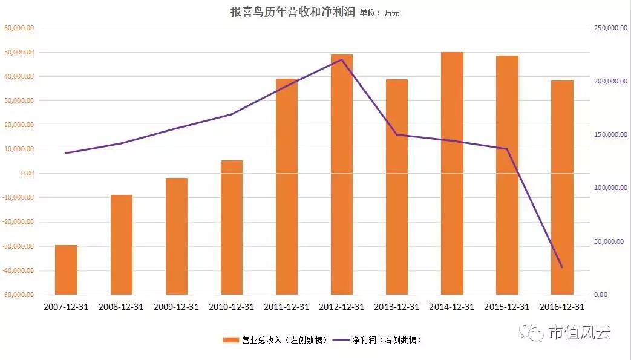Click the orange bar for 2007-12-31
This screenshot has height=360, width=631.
(66, 270)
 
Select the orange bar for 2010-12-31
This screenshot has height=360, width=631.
(232, 227)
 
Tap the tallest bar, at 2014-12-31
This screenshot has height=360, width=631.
(452, 174)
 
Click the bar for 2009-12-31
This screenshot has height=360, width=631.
(177, 237)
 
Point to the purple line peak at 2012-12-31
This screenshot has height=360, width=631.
(342, 59)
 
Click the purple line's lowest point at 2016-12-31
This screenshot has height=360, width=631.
(562, 267)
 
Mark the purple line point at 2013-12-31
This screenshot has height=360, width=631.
(397, 134)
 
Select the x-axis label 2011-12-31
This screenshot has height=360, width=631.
(287, 307)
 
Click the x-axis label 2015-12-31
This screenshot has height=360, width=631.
(507, 307)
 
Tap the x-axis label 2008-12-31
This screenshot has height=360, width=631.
(121, 307)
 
